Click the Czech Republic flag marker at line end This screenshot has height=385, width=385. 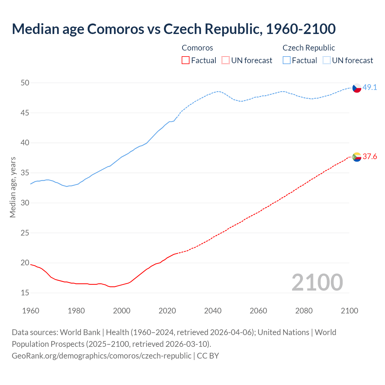357,88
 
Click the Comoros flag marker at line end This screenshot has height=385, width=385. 357,157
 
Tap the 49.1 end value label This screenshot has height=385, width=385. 370,88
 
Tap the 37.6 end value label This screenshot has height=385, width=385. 370,156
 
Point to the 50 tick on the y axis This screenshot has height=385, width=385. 25,83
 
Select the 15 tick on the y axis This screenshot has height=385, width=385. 25,293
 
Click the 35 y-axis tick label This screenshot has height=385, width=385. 25,173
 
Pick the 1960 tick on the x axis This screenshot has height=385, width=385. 31,311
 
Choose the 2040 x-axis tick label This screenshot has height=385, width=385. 213,311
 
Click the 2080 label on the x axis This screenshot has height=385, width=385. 304,311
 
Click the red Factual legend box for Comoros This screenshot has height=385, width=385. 186,60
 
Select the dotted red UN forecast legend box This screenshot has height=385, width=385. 226,60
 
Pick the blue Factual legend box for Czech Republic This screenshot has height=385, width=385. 287,60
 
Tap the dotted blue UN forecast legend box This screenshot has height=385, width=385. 327,60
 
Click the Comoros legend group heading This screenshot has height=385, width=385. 197,48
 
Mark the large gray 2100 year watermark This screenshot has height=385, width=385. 317,282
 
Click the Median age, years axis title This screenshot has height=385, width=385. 13,187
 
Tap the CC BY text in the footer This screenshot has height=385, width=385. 208,356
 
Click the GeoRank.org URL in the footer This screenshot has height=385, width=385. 101,356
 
